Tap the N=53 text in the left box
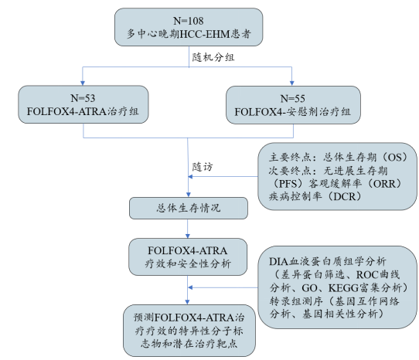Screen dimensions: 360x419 click(83, 98)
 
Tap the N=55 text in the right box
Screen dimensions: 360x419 click(292, 98)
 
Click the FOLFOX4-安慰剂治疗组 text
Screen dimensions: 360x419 click(292, 112)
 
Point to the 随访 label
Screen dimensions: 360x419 click(203, 165)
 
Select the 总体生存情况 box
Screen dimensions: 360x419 click(186, 207)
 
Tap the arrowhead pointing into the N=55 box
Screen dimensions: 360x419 click(292, 81)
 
